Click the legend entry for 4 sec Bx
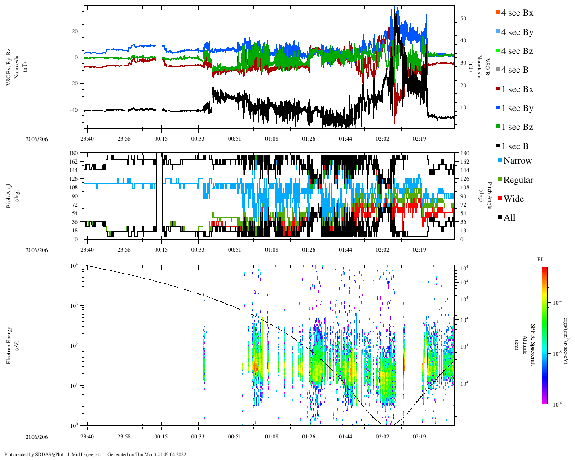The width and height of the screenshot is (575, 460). [517, 13]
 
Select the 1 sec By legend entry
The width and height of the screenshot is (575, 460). [517, 108]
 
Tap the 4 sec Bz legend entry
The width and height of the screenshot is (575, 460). [517, 51]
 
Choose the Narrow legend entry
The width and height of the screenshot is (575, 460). [517, 161]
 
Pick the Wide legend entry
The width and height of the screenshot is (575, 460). [513, 199]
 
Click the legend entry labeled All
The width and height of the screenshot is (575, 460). [509, 218]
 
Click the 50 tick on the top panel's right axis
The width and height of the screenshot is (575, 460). [463, 18]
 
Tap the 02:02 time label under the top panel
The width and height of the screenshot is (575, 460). [382, 139]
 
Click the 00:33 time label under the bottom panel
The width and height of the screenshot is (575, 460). [198, 437]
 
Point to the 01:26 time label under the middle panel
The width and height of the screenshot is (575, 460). [308, 249]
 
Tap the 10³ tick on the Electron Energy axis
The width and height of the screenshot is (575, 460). [75, 305]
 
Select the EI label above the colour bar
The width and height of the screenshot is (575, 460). [540, 260]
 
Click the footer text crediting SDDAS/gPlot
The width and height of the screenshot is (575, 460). [96, 454]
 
